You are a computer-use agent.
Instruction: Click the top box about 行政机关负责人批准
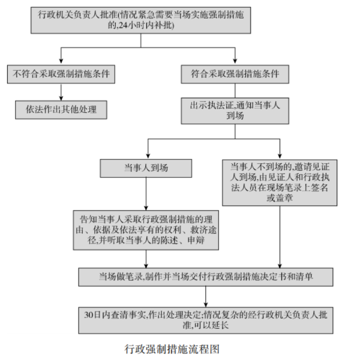click(141, 20)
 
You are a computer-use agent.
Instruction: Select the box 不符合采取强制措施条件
click(61, 74)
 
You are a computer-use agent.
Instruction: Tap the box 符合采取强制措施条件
click(235, 74)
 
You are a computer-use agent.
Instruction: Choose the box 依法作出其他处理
click(61, 110)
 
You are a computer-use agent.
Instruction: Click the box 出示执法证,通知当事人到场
click(235, 111)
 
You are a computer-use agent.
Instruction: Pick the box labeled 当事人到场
click(146, 169)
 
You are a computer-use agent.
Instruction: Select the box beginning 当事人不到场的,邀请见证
click(280, 182)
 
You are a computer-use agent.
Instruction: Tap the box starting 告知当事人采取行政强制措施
click(146, 230)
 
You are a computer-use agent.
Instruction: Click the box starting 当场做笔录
click(206, 277)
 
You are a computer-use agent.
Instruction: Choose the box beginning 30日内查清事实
click(206, 320)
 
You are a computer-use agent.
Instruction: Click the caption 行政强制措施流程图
click(172, 349)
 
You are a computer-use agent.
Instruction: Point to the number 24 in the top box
click(123, 25)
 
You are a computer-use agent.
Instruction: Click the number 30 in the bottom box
click(88, 315)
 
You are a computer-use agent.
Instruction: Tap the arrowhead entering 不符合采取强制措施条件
click(61, 61)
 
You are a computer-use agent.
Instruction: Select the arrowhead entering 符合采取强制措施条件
click(235, 61)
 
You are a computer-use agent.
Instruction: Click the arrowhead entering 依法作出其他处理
click(61, 98)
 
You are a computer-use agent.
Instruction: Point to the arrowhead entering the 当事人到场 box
click(148, 156)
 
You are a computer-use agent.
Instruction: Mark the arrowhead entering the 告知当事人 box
click(146, 208)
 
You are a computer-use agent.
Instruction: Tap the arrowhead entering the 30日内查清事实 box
click(206, 305)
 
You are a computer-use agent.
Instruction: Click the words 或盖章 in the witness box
click(280, 198)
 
